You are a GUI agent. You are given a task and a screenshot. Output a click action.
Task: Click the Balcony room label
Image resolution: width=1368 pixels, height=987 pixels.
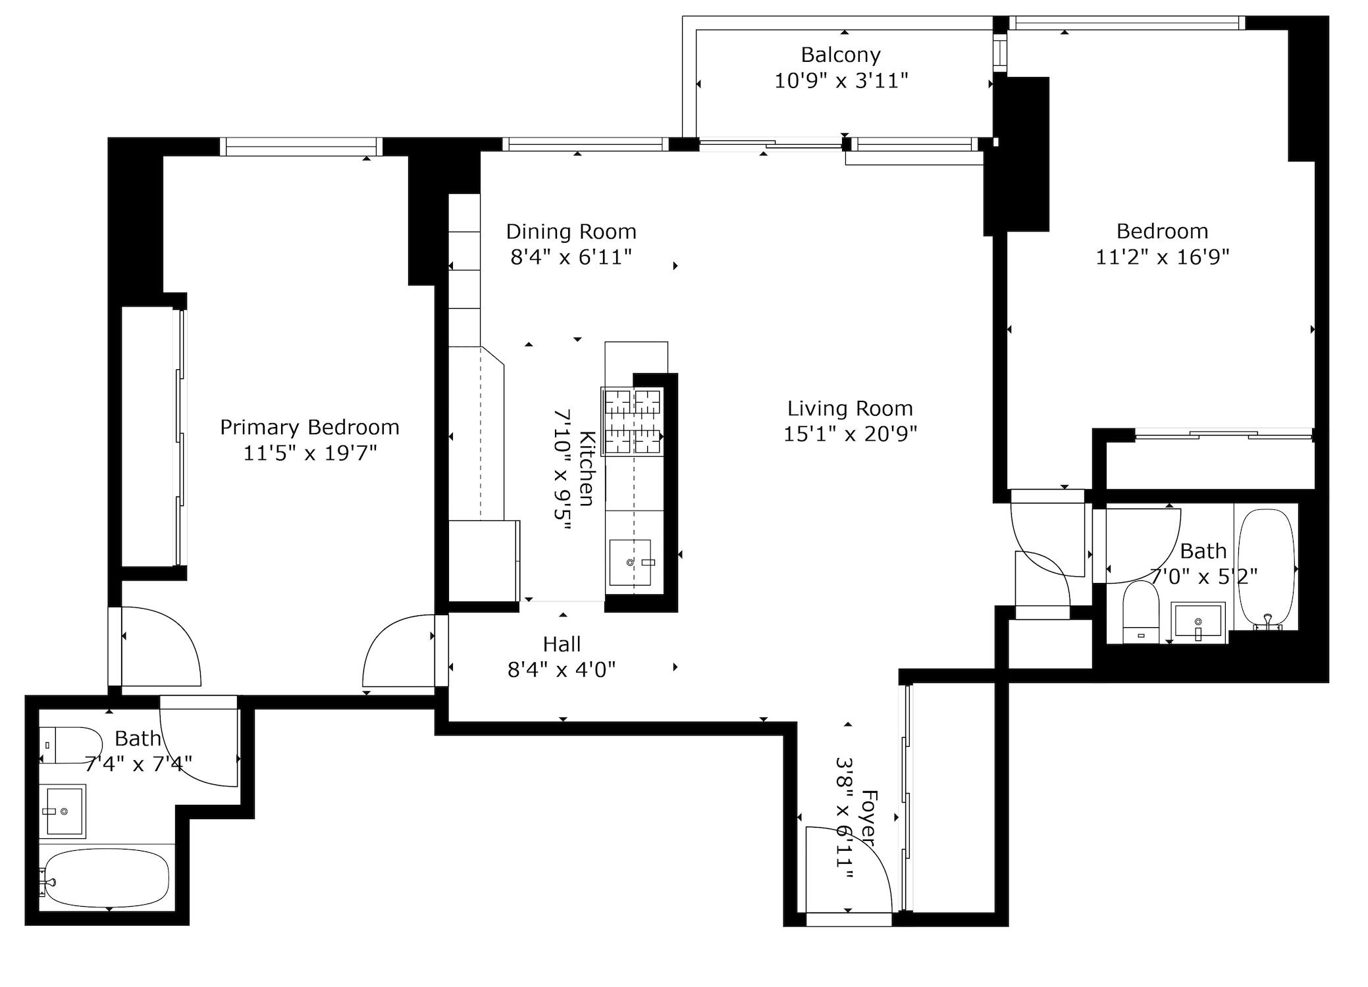pyautogui.click(x=840, y=55)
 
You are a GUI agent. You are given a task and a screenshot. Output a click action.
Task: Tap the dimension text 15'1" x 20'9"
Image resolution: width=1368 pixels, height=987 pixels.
pyautogui.click(x=850, y=434)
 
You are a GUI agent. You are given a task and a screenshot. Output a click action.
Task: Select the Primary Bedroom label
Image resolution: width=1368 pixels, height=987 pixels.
pyautogui.click(x=309, y=428)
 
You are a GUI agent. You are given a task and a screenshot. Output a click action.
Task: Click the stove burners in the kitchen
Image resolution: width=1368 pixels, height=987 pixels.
pyautogui.click(x=633, y=421)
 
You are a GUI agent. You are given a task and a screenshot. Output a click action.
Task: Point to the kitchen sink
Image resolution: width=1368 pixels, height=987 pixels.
pyautogui.click(x=630, y=563)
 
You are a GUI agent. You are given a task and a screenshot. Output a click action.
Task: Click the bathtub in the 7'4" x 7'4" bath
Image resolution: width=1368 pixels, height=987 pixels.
pyautogui.click(x=107, y=878)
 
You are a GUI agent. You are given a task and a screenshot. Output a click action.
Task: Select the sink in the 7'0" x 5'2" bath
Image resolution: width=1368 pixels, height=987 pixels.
pyautogui.click(x=1197, y=621)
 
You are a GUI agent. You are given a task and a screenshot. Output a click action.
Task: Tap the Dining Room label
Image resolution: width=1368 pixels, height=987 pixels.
pyautogui.click(x=571, y=232)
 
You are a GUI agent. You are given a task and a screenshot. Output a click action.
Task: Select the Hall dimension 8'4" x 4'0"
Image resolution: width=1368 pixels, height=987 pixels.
pyautogui.click(x=562, y=670)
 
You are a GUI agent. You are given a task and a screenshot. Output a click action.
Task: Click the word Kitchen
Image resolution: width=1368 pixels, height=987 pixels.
pyautogui.click(x=587, y=468)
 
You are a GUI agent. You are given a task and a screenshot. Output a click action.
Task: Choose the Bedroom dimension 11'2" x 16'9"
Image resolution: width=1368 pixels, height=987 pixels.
pyautogui.click(x=1162, y=257)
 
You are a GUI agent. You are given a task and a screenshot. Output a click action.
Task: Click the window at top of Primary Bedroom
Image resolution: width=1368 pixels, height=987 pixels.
pyautogui.click(x=301, y=146)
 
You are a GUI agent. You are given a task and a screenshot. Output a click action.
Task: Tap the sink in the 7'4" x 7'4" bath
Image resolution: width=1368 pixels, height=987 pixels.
pyautogui.click(x=64, y=811)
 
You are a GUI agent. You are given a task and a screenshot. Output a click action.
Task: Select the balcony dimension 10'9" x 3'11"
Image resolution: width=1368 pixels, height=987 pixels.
pyautogui.click(x=841, y=81)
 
